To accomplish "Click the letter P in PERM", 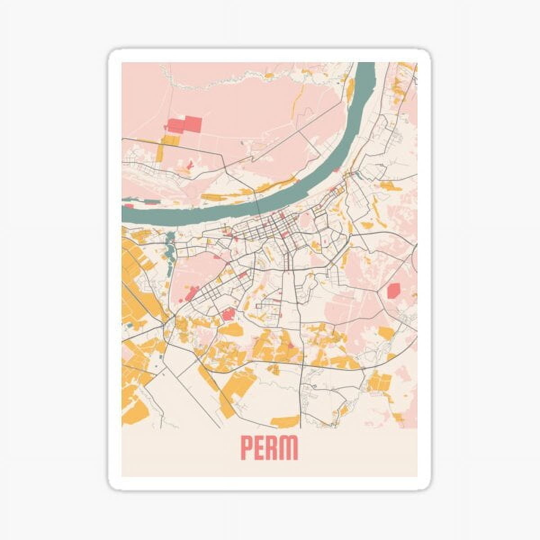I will coord(247,447).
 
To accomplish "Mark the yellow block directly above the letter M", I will coord(285,422).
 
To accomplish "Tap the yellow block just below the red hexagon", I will coord(386,333).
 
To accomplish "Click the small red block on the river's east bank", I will coord(357,172).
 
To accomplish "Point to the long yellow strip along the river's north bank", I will coord(225,196).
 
